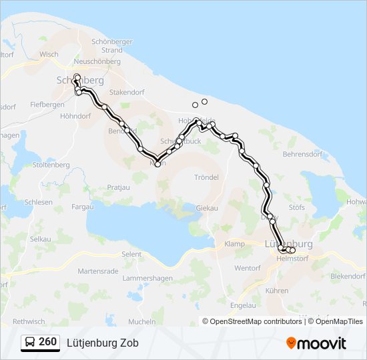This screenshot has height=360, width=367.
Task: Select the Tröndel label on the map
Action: click(x=206, y=177)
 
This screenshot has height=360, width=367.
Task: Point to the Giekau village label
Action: click(x=207, y=208)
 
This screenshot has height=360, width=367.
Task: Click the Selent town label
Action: click(x=131, y=255)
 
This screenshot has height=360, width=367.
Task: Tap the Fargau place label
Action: click(x=83, y=207)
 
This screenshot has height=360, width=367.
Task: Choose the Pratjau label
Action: click(x=118, y=187)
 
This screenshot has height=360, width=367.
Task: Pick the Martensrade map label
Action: click(x=97, y=271)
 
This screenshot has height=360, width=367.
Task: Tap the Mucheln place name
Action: click(x=141, y=321)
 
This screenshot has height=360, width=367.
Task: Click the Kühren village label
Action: click(x=277, y=291)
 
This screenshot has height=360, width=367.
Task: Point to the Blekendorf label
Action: click(x=348, y=275)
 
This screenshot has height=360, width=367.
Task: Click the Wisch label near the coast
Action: click(x=49, y=55)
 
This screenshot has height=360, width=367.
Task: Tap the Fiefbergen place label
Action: click(x=47, y=105)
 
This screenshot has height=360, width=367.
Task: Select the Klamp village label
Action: click(x=235, y=244)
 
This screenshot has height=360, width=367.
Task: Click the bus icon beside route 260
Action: click(x=30, y=343)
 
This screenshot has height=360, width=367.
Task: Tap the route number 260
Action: click(x=47, y=342)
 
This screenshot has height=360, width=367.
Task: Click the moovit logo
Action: click(x=316, y=343)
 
